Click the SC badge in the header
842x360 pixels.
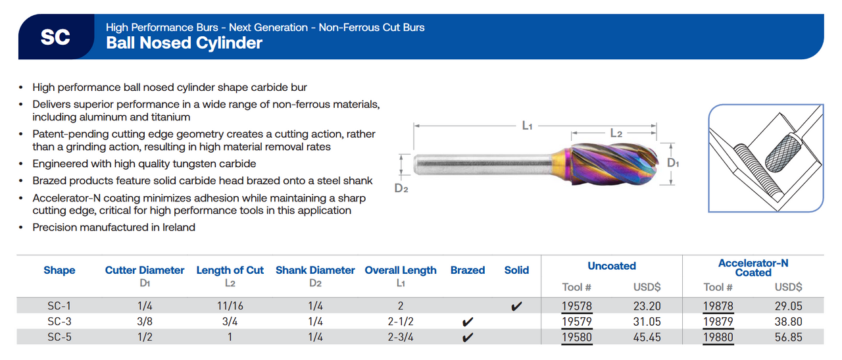(x=55, y=38)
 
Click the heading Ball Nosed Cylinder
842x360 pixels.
(x=184, y=43)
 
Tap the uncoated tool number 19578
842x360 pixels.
(x=576, y=306)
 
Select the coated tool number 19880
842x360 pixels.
(x=718, y=338)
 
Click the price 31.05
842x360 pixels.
(x=647, y=322)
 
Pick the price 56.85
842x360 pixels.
(x=789, y=338)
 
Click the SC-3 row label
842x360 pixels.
(x=59, y=322)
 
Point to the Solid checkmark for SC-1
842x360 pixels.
(x=516, y=307)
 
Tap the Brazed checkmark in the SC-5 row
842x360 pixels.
(x=468, y=338)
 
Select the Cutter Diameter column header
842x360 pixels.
(x=145, y=270)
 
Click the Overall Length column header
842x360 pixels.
(x=401, y=270)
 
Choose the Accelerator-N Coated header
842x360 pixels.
(x=753, y=267)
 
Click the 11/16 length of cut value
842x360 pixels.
(x=230, y=306)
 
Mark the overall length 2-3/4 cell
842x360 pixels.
(x=401, y=338)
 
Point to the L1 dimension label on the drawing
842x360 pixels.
(x=527, y=126)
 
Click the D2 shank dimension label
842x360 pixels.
(x=401, y=188)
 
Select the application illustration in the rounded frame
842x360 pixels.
(x=766, y=159)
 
